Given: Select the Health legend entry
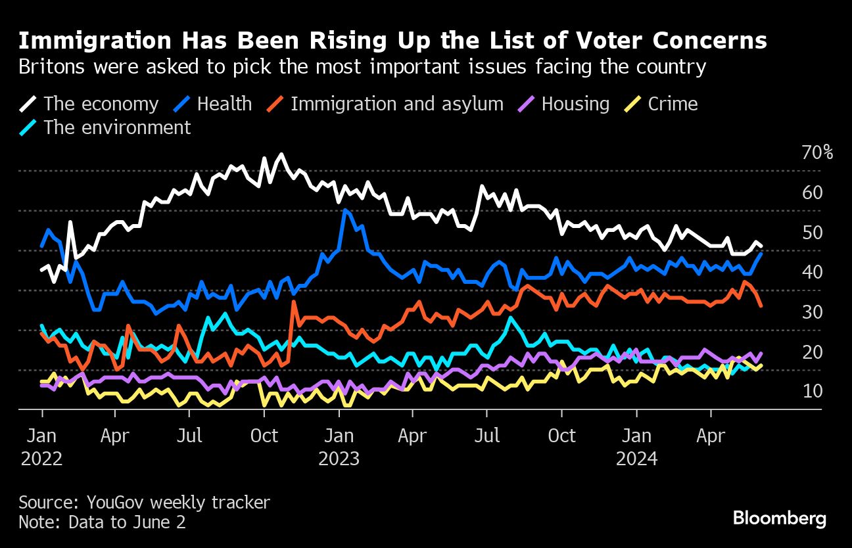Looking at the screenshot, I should (224, 104).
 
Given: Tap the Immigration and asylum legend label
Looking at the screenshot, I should (396, 104).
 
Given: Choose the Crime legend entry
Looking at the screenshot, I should (673, 104).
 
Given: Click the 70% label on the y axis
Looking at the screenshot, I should (817, 153).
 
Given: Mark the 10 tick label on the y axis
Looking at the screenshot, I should (812, 392).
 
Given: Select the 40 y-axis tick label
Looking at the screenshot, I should (812, 272).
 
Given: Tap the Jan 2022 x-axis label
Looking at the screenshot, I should (41, 447).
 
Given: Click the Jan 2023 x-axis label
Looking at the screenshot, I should (339, 447).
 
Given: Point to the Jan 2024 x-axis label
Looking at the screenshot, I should (636, 447).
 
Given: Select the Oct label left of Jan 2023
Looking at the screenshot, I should (264, 436).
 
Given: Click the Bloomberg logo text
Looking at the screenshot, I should (780, 518).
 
